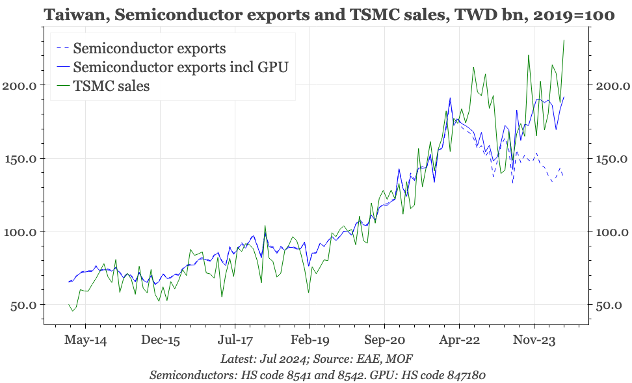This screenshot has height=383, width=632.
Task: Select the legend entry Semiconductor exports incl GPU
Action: tap(181, 67)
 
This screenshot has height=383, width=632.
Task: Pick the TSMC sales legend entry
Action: tap(111, 86)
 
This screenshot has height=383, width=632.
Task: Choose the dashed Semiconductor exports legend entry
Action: tap(150, 48)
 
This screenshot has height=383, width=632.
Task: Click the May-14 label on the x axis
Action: tap(85, 340)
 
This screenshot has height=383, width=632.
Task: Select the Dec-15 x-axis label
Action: tap(160, 340)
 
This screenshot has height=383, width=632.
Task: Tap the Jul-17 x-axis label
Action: tap(235, 340)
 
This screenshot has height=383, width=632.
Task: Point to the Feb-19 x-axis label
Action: tap(309, 340)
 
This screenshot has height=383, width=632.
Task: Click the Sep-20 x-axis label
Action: tap(384, 340)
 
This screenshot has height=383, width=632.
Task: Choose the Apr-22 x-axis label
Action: tap(459, 340)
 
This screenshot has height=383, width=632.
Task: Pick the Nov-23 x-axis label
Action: tap(534, 340)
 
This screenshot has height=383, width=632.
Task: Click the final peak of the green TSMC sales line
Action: tap(564, 40)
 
